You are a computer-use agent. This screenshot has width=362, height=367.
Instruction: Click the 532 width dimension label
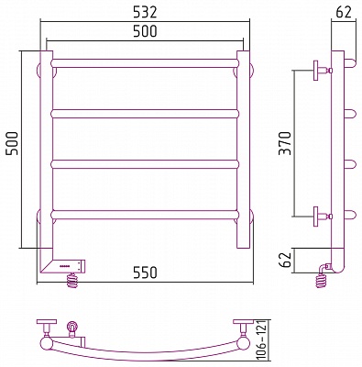pos(145,12)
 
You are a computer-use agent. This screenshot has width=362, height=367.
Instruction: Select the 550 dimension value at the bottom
pos(145,272)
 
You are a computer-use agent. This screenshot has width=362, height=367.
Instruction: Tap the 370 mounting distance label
pos(286,143)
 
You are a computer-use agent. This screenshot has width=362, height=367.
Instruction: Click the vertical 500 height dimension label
pos(13,143)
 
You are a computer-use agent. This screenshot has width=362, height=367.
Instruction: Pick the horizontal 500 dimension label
pos(145,31)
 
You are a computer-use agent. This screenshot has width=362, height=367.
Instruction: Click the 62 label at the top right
pos(344,12)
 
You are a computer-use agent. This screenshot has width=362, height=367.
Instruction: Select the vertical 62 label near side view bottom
pos(286,261)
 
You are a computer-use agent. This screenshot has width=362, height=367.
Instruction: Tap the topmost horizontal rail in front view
pos(145,63)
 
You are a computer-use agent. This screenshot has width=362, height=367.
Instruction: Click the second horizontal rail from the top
pos(145,114)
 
